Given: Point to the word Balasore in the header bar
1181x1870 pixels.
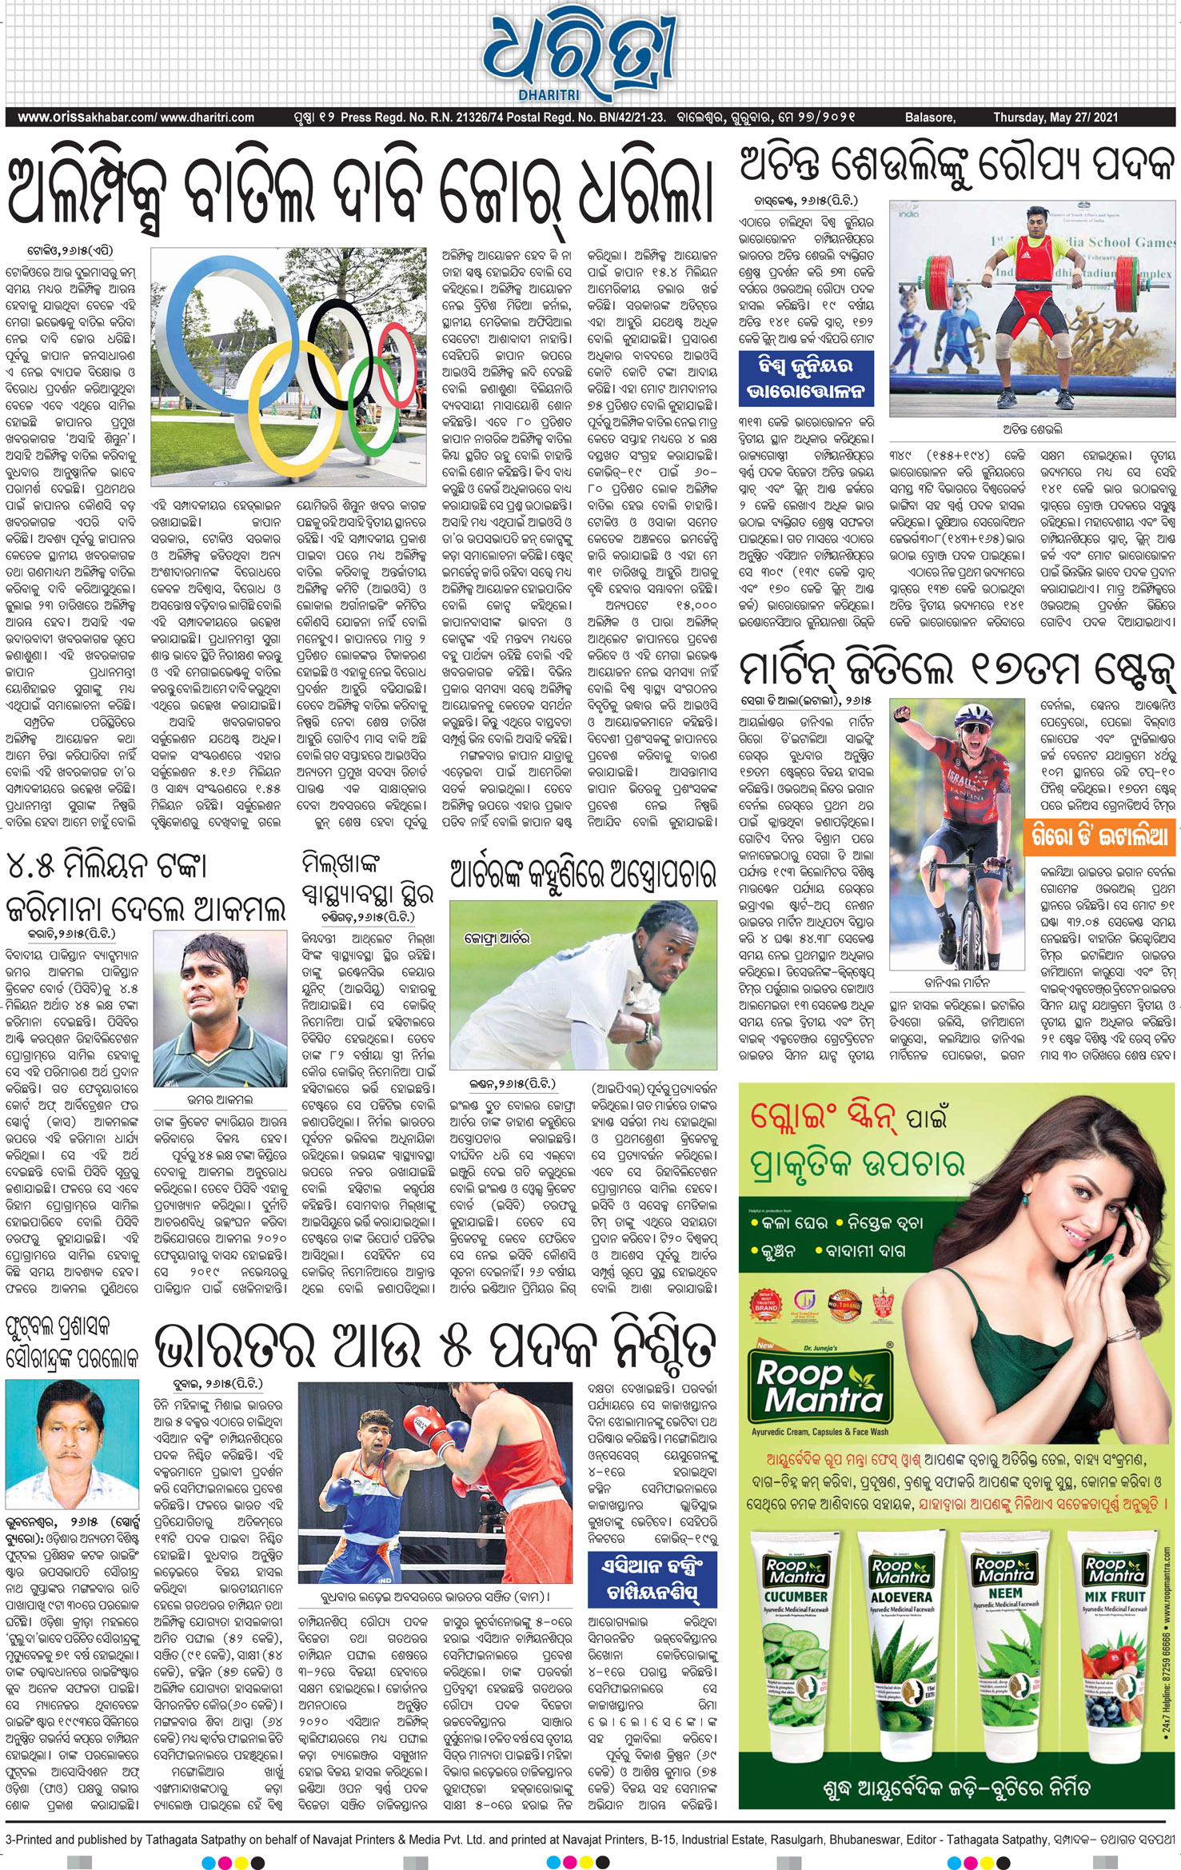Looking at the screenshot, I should [929, 118].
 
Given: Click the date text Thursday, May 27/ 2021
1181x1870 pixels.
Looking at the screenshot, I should [1055, 118].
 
